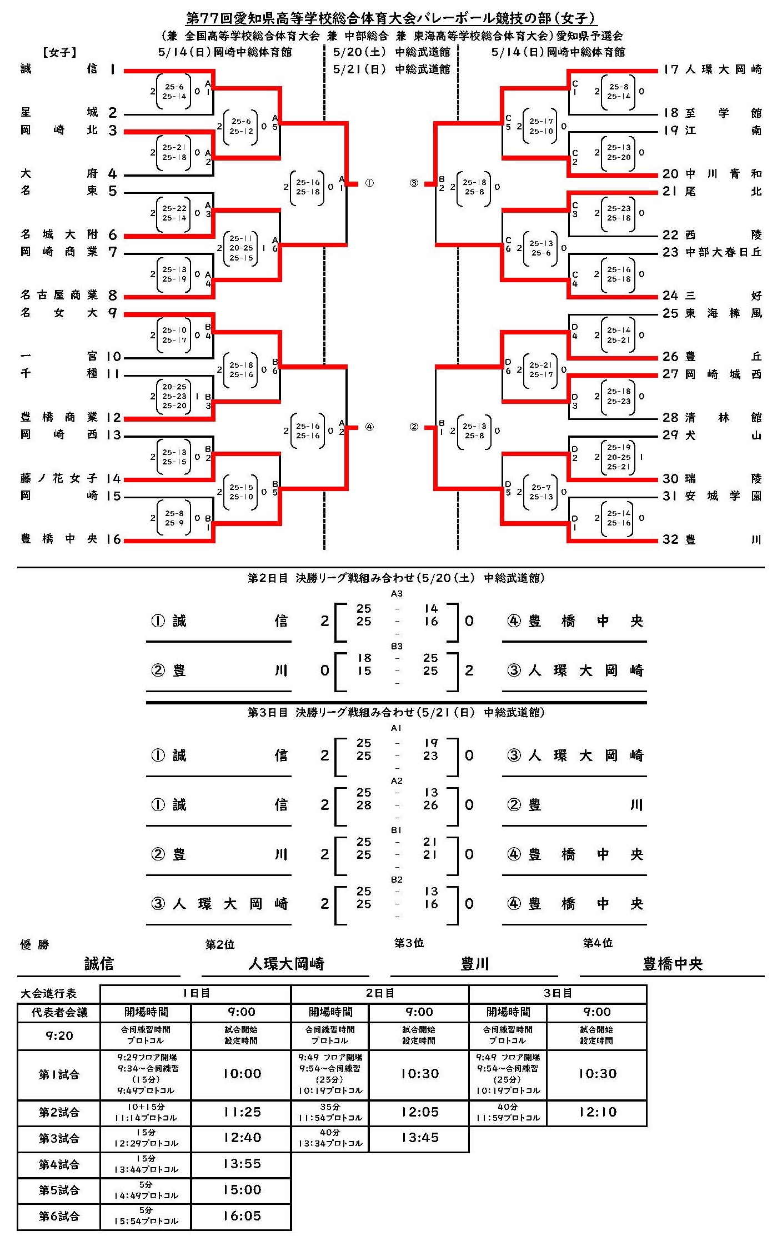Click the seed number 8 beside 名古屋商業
(x=113, y=296)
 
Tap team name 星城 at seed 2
(x=59, y=113)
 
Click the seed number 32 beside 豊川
(x=670, y=539)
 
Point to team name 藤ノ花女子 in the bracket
(x=59, y=478)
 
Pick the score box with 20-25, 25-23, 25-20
(x=174, y=397)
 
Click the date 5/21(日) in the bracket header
(x=359, y=69)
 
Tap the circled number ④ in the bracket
(x=369, y=427)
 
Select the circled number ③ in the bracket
(x=414, y=183)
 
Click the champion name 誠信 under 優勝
(x=99, y=963)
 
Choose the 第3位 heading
(x=409, y=943)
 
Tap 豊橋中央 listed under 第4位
(x=673, y=964)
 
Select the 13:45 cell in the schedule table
(x=419, y=1138)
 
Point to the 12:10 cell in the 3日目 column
(x=597, y=1112)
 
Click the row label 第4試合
(x=59, y=1164)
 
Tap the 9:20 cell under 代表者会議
(x=59, y=1035)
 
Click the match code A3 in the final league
(x=397, y=594)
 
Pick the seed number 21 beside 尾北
(x=670, y=191)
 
